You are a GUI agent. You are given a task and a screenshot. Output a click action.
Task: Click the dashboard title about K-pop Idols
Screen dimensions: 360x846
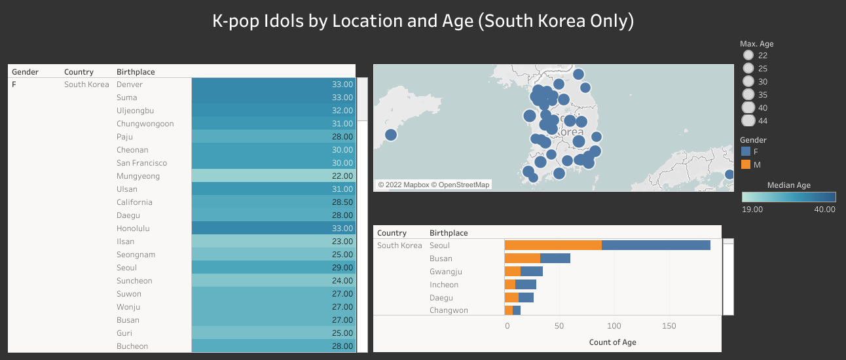(x=423, y=21)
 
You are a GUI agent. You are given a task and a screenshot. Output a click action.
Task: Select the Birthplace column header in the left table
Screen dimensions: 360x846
(x=136, y=71)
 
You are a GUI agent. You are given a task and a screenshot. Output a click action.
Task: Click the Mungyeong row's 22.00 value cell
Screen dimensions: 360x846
(x=274, y=176)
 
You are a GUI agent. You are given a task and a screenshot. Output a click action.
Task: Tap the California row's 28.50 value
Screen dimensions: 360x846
(x=274, y=202)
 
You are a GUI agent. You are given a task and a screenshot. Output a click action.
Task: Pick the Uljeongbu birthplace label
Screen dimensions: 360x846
(x=135, y=111)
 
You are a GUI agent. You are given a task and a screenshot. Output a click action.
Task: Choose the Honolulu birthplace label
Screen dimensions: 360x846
(x=134, y=228)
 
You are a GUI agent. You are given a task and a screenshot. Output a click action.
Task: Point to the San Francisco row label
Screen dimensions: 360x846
(x=141, y=163)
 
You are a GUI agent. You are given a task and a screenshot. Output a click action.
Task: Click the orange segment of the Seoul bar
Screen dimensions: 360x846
(x=553, y=245)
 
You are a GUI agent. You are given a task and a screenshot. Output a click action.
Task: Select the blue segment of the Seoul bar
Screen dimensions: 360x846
(x=656, y=245)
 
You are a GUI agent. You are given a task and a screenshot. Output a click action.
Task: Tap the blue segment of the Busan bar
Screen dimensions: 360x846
(x=555, y=259)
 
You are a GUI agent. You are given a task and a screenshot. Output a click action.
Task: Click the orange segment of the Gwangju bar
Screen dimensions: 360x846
(x=512, y=272)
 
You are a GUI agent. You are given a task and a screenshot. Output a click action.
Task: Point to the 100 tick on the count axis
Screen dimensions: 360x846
(x=614, y=326)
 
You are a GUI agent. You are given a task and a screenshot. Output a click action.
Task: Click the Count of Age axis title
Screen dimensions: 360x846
(x=612, y=342)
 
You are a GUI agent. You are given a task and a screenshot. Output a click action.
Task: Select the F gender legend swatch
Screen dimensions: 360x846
(x=746, y=152)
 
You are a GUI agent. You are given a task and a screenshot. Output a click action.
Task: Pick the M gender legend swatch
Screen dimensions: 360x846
(x=746, y=164)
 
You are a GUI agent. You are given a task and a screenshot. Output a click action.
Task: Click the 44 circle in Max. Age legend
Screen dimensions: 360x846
(x=748, y=120)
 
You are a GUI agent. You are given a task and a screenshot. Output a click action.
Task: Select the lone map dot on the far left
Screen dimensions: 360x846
(x=391, y=135)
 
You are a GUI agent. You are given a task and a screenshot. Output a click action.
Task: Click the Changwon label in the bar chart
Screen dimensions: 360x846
(x=449, y=310)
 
